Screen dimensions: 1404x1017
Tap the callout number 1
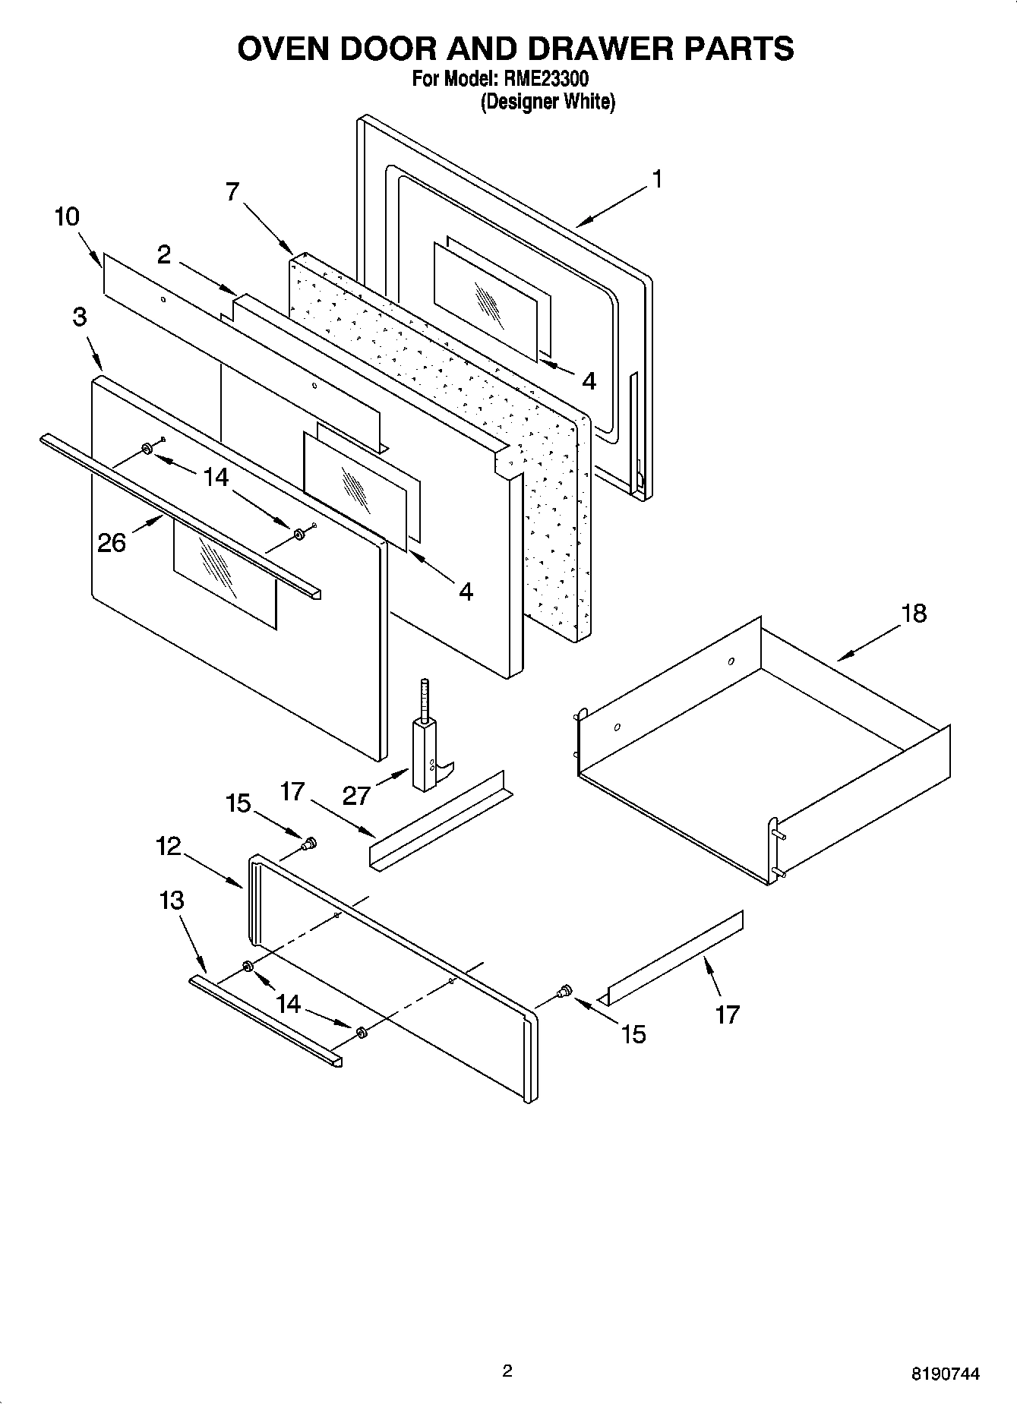(x=657, y=180)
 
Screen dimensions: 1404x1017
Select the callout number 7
(x=233, y=192)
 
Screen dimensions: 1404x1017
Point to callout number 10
(x=67, y=216)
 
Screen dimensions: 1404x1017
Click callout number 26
(x=112, y=542)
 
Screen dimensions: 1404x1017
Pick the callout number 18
(x=914, y=613)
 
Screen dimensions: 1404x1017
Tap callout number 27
(x=356, y=795)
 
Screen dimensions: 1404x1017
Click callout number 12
(x=169, y=845)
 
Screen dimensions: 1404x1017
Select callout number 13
(x=172, y=901)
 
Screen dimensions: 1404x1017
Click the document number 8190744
(x=945, y=1373)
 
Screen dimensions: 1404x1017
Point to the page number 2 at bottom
(x=507, y=1371)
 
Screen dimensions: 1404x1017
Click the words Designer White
(x=547, y=102)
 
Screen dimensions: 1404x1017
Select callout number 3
(x=80, y=317)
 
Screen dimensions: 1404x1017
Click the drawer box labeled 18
(x=760, y=752)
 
